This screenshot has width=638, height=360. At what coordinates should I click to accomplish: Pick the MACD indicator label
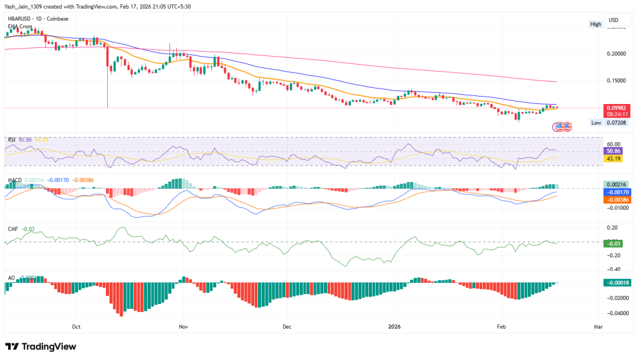pyautogui.click(x=14, y=180)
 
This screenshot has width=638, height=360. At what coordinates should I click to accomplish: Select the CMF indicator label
pyautogui.click(x=13, y=229)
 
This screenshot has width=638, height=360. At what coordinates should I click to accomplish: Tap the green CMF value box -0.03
pyautogui.click(x=617, y=243)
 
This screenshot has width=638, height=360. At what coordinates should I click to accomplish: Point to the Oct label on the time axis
pyautogui.click(x=76, y=326)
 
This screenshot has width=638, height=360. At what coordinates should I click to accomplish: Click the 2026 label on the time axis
pyautogui.click(x=394, y=326)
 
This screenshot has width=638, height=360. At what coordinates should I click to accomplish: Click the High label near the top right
pyautogui.click(x=596, y=24)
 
